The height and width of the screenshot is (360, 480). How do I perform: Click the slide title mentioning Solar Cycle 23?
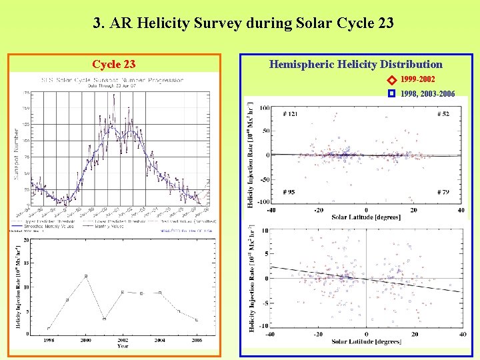click(x=243, y=23)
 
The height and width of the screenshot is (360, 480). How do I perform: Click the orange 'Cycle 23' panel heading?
click(x=113, y=64)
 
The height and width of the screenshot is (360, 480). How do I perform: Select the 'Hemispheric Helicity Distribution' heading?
click(x=355, y=64)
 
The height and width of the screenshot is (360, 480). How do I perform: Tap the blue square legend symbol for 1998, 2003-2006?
click(x=393, y=94)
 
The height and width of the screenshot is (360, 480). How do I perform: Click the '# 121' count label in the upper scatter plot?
click(x=290, y=114)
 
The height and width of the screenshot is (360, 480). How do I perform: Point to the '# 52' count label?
click(x=443, y=114)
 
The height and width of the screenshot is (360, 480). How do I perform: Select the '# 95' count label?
click(x=289, y=192)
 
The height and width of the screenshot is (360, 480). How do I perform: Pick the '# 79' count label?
click(x=443, y=192)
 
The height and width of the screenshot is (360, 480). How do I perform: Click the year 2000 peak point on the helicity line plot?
click(x=86, y=276)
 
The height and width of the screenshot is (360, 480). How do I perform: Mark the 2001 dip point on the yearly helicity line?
click(x=104, y=319)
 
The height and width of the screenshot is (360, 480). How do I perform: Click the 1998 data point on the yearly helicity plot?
click(x=49, y=329)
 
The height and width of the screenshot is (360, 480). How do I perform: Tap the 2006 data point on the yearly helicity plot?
click(x=197, y=321)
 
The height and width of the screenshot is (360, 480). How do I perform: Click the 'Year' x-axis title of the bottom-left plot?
click(x=123, y=346)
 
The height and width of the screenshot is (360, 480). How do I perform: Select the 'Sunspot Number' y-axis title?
click(x=17, y=149)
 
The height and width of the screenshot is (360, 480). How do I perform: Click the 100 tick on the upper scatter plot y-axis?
click(x=264, y=108)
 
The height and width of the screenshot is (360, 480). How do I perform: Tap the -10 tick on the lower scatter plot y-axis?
click(x=263, y=326)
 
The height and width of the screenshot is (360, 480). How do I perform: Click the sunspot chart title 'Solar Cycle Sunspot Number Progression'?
click(x=112, y=80)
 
